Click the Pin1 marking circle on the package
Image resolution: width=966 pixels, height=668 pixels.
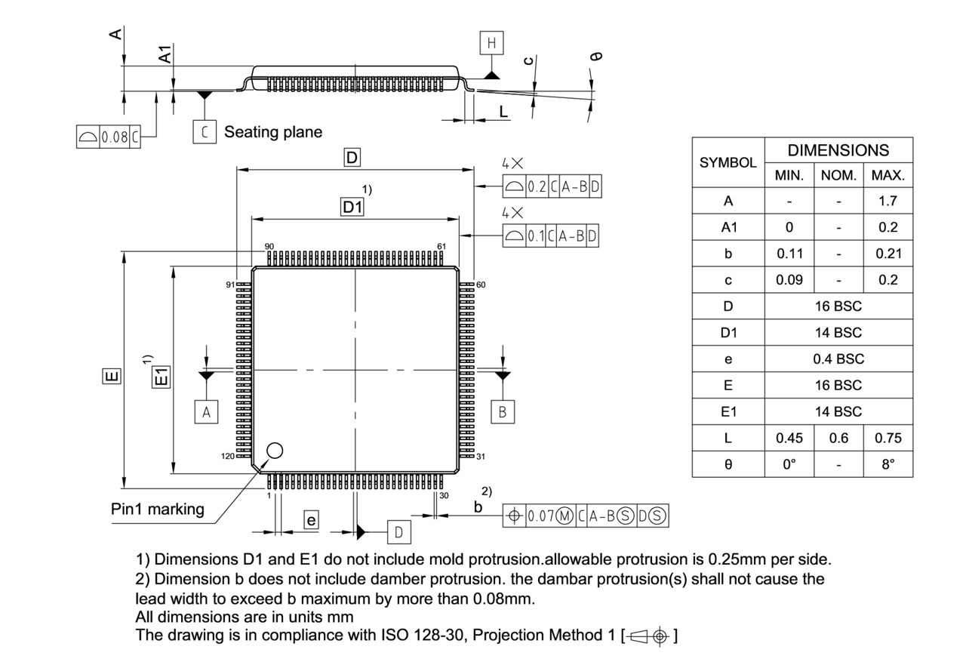pos(275,451)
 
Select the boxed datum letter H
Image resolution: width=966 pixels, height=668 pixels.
pos(492,44)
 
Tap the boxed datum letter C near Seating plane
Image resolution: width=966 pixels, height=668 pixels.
pos(204,132)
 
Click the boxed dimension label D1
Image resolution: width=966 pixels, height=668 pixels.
pos(352,207)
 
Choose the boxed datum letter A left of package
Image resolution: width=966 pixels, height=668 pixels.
pos(205,412)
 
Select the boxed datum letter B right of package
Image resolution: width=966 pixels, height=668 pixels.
pos(502,412)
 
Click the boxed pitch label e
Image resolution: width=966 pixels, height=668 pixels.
pos(310,519)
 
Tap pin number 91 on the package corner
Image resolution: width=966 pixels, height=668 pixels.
pos(230,285)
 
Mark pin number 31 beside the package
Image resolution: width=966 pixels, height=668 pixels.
pos(481,457)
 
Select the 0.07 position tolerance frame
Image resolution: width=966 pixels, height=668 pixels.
pos(586,516)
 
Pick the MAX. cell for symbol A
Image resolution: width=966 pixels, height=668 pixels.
pos(888,202)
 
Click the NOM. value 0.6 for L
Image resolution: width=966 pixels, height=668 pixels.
pos(838,438)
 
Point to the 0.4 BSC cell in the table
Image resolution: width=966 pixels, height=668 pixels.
pos(838,359)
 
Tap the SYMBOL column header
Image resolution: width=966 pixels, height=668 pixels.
pos(728,162)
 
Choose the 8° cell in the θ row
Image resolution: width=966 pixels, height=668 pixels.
pos(888,464)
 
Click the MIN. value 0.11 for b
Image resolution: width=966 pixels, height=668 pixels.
pos(789,254)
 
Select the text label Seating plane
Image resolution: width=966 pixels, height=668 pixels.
pos(273,132)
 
